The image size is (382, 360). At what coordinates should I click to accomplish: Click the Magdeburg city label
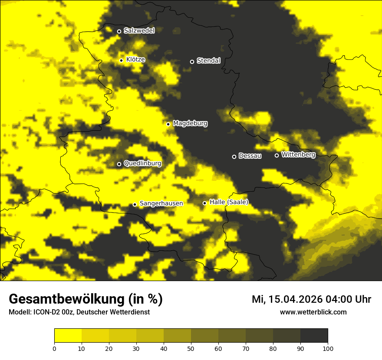(x=190, y=124)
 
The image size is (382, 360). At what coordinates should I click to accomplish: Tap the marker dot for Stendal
(x=192, y=62)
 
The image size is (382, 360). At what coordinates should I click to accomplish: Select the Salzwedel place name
(x=139, y=31)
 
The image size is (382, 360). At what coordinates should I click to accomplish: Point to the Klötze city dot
(x=122, y=60)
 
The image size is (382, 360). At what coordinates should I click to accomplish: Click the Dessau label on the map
(x=250, y=156)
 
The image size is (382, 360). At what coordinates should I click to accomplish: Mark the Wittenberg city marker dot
(x=277, y=155)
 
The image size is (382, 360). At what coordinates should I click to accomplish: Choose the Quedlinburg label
(x=142, y=164)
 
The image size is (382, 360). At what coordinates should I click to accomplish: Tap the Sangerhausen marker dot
(x=135, y=204)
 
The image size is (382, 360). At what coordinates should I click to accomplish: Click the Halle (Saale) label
(x=229, y=202)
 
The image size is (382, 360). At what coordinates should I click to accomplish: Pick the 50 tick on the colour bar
(x=191, y=348)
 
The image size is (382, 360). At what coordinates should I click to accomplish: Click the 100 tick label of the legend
(x=328, y=348)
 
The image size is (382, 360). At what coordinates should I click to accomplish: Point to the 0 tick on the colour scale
(x=54, y=348)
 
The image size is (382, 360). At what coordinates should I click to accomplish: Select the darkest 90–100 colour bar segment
(x=314, y=335)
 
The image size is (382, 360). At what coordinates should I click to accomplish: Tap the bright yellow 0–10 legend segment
(x=68, y=335)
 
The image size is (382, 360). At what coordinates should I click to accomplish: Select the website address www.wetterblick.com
(x=313, y=312)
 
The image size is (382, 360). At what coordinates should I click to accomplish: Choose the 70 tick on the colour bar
(x=246, y=348)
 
